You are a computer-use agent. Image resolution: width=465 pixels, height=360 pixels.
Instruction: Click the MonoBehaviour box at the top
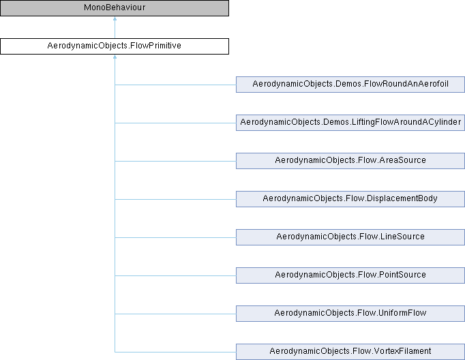click(114, 8)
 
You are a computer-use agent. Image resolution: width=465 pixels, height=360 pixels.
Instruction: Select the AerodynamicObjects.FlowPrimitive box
click(114, 46)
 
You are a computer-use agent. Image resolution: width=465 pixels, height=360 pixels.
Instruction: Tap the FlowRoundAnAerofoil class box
click(350, 85)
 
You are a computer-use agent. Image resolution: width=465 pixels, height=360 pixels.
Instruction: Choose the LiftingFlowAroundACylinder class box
click(350, 123)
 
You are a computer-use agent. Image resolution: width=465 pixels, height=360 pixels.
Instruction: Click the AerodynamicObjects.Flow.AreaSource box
click(350, 161)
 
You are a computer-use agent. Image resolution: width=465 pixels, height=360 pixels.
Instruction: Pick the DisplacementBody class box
click(350, 199)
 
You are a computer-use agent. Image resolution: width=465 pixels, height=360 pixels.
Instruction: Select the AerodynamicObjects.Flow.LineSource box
click(350, 237)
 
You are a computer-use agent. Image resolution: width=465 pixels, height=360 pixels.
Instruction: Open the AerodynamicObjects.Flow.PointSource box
click(350, 275)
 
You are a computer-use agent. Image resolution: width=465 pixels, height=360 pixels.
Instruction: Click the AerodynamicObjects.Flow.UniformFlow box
click(350, 314)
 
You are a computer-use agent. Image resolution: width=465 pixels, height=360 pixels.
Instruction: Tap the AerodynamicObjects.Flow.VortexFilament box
click(350, 352)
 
